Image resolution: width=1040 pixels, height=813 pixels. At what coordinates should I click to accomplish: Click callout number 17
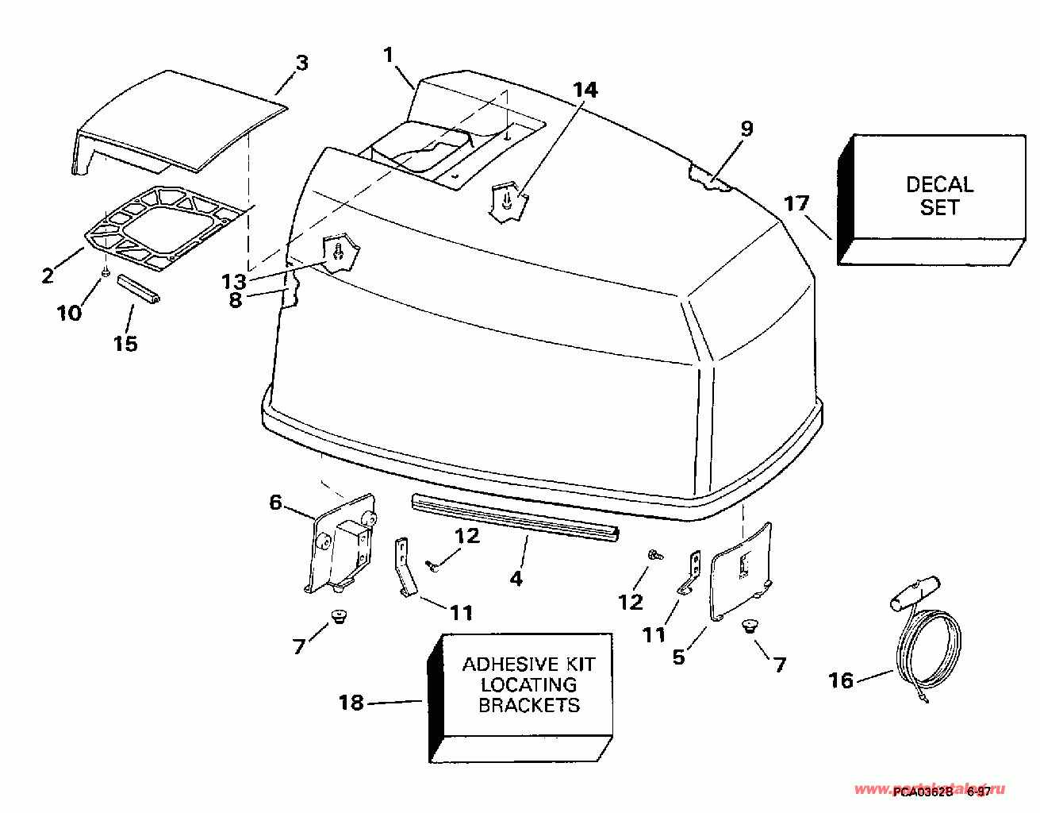click(796, 204)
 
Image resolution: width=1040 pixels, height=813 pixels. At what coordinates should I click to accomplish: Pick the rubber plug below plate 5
click(747, 627)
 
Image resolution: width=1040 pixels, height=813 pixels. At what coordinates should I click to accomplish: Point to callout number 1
click(389, 55)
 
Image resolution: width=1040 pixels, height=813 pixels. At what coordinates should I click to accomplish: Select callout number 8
click(236, 301)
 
